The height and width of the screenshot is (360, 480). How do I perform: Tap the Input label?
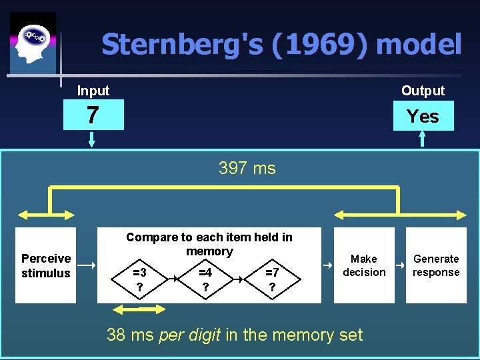point(93,91)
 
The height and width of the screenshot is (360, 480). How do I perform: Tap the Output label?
point(423,91)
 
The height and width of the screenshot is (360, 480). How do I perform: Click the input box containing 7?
point(93,115)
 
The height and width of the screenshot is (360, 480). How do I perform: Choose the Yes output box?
point(423,116)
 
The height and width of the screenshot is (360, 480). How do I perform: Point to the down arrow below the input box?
point(92,139)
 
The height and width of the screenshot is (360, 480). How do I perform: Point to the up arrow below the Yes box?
point(422,139)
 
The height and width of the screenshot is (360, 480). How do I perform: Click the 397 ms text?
point(247,169)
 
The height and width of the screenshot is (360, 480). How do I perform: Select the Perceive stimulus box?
point(46,265)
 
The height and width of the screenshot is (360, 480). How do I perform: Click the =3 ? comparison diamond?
point(140,279)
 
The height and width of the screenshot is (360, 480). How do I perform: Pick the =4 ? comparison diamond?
point(205,279)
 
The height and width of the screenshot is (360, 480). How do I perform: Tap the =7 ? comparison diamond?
point(272,279)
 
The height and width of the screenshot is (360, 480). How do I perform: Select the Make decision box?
point(364,265)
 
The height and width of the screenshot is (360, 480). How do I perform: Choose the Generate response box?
point(436,265)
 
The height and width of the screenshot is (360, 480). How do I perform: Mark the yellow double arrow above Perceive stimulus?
point(46,214)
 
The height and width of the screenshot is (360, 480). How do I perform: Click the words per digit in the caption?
point(190,335)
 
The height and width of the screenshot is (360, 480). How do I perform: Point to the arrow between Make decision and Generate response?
point(400,265)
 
